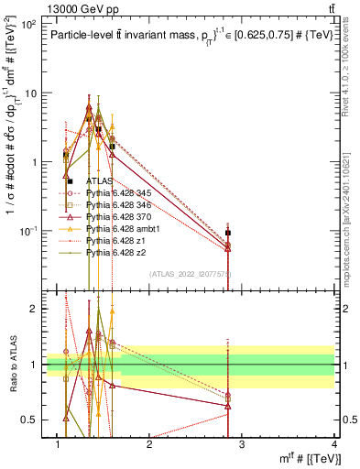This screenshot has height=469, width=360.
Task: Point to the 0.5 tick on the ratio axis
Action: coord(32,420)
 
